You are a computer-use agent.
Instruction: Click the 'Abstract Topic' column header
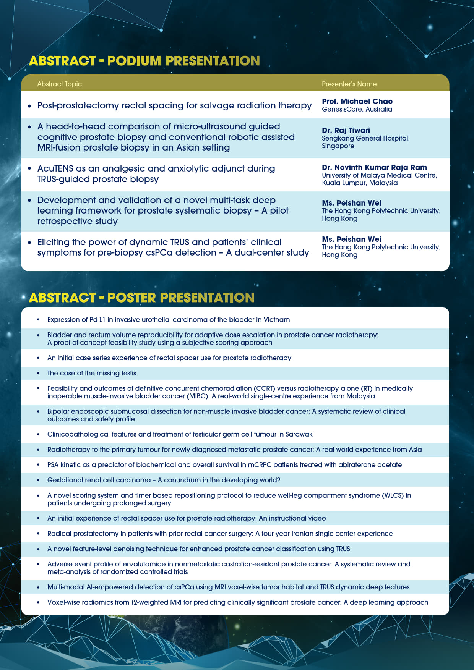click(x=59, y=84)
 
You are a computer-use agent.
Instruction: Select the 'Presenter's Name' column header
click(x=349, y=84)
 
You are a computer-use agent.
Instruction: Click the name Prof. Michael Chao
click(x=357, y=101)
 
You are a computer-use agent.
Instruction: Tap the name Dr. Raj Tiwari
click(x=346, y=130)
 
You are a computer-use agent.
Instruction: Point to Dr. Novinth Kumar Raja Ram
click(x=374, y=167)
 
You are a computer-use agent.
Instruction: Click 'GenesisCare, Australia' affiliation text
click(x=357, y=109)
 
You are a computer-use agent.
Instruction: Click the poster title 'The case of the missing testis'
click(x=91, y=373)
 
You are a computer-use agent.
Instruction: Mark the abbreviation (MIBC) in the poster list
click(x=198, y=396)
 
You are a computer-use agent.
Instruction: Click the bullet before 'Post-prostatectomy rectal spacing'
click(x=29, y=105)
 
